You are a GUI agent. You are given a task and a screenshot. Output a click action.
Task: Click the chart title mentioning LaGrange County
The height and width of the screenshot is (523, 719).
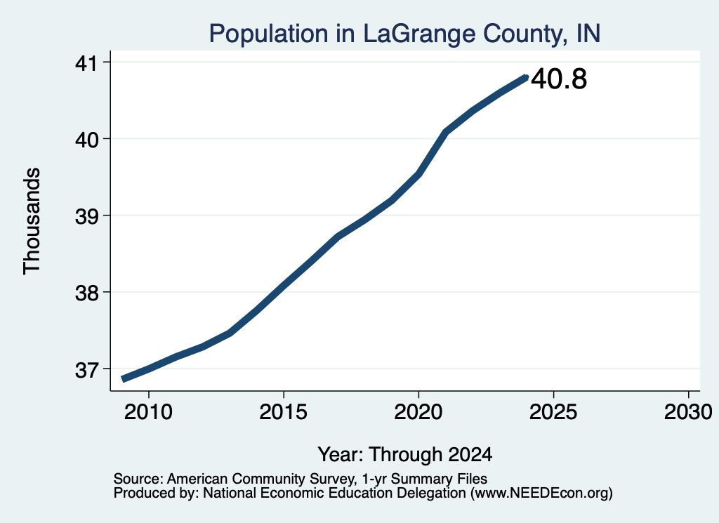404,34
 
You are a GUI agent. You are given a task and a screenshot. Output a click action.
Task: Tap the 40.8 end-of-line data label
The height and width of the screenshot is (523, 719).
559,79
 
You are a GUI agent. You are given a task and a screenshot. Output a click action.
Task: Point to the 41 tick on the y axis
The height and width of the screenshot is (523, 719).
87,62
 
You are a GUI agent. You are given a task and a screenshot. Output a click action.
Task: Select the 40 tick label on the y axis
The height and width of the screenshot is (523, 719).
87,139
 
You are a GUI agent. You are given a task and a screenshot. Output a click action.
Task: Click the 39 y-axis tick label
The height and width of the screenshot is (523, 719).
87,216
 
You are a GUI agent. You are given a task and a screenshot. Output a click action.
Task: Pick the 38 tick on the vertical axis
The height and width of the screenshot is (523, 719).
87,293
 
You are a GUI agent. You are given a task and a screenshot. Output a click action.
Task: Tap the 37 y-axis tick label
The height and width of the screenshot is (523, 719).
87,369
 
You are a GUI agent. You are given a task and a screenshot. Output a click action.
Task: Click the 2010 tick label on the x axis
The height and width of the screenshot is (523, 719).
148,412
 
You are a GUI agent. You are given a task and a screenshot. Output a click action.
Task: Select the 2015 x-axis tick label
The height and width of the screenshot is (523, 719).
283,412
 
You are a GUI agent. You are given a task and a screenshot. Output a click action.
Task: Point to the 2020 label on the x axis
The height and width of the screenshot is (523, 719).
418,412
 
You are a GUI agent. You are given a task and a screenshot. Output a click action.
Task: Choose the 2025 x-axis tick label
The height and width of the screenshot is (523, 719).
553,412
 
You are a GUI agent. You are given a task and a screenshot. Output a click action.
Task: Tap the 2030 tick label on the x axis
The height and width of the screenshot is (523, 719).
688,412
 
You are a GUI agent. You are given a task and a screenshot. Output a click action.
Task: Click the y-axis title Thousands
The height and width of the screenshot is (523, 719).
32,221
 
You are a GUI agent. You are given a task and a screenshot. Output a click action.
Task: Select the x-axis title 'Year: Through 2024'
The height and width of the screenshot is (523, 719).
405,454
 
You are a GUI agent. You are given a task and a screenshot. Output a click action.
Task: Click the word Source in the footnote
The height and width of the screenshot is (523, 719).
138,479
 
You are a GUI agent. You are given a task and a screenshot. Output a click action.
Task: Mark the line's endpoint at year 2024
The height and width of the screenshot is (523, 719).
526,77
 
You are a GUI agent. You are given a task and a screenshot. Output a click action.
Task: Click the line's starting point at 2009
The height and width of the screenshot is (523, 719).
122,378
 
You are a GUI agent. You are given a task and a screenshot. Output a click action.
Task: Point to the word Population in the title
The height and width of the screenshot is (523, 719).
269,34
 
